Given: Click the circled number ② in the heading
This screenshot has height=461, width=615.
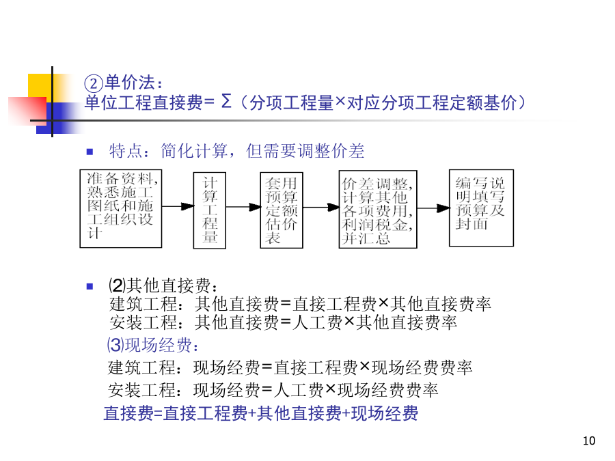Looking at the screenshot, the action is [94, 83].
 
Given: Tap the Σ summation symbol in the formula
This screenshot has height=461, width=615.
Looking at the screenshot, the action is [226, 101].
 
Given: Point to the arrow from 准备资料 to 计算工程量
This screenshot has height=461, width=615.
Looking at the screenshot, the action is [178, 206].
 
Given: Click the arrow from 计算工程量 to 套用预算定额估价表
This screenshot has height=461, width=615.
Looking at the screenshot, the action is [243, 206].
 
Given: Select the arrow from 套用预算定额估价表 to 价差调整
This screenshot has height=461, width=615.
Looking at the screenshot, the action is [321, 207].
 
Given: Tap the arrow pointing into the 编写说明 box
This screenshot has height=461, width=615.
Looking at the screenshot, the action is [433, 208].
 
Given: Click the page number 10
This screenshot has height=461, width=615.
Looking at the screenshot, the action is [589, 441].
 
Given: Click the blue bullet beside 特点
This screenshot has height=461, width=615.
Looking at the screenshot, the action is [90, 152].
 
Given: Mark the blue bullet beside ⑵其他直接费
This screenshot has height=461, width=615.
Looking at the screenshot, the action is [90, 287].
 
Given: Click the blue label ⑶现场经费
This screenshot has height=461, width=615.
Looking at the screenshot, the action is [153, 345].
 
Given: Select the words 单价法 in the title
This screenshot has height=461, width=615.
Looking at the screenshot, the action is [130, 83].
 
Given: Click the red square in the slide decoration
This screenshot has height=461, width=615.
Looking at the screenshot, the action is [27, 111].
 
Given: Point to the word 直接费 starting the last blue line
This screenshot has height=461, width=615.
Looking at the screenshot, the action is [128, 413].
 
